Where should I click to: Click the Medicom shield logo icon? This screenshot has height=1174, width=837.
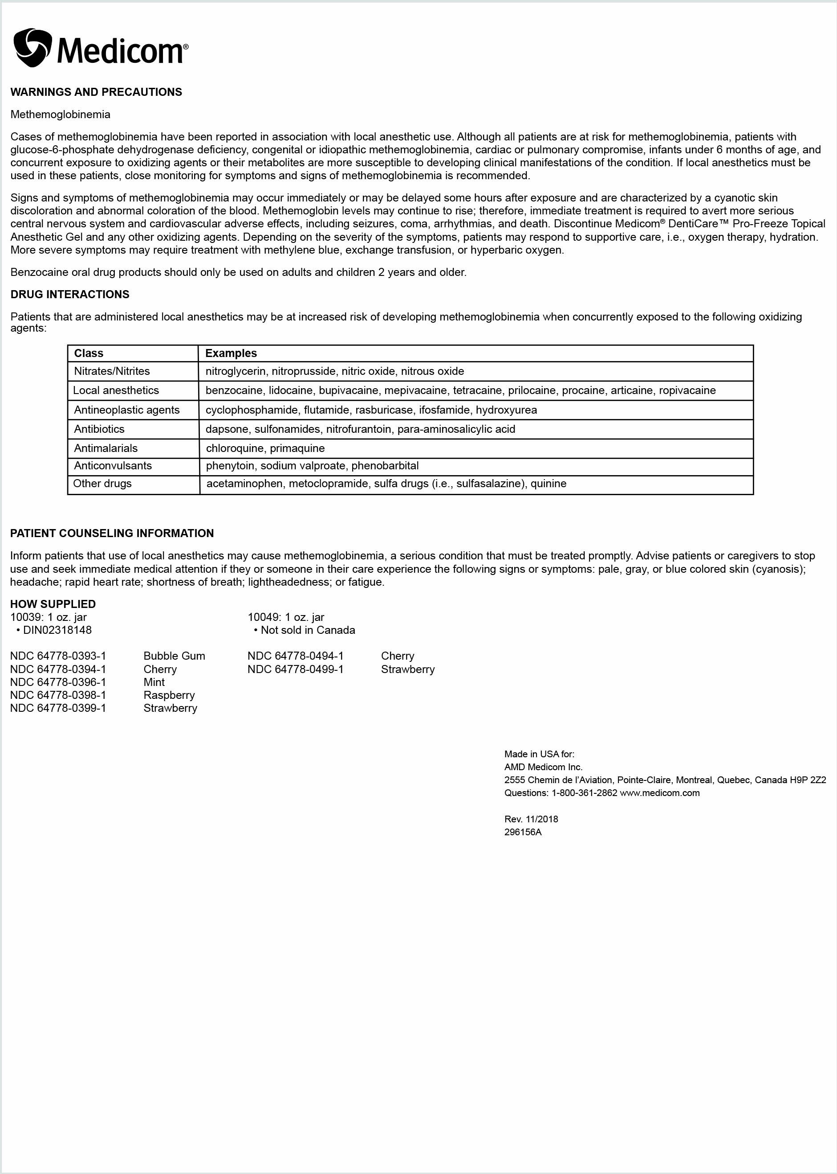33,47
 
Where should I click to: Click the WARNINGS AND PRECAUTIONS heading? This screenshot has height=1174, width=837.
96,92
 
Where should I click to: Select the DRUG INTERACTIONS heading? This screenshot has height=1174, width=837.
69,294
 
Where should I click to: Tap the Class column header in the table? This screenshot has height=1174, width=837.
89,353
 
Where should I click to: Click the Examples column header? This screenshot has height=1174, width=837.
231,353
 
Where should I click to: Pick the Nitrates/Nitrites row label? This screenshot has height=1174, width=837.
112,371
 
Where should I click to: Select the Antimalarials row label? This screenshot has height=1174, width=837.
106,448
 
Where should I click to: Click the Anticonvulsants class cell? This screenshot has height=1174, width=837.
113,466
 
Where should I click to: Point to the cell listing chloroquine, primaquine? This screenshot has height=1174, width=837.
265,448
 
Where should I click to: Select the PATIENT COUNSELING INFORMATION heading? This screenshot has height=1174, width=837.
112,534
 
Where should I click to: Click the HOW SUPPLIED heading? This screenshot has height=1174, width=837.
53,604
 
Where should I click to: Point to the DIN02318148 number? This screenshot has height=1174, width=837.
57,630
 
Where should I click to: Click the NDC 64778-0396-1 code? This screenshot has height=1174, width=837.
58,682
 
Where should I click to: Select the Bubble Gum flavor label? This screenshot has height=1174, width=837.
174,656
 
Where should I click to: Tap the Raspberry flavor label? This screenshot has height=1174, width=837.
169,695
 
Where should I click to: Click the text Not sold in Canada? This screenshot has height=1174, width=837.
308,630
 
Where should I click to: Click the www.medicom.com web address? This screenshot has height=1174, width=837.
660,793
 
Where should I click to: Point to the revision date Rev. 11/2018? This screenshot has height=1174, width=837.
531,819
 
